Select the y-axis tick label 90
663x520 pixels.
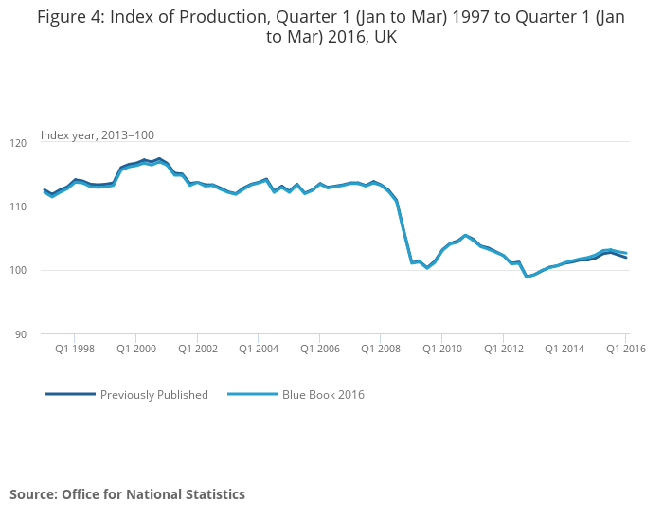[22, 334]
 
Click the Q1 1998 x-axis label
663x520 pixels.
[75, 349]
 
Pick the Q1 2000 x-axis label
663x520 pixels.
[135, 349]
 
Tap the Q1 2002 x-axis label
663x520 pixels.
[197, 349]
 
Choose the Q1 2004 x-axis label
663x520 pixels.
[259, 349]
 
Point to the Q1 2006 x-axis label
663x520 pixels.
[319, 349]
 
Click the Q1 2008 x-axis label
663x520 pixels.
[381, 349]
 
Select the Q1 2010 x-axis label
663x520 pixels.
[441, 349]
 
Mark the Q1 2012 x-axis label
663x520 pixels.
[503, 349]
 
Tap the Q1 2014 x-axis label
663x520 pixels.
[564, 349]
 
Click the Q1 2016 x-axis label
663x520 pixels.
[625, 349]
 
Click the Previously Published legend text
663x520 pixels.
[154, 395]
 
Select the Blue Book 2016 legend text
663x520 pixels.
[323, 395]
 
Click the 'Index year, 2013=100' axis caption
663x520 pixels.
[98, 135]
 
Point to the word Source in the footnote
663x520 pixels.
[32, 494]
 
